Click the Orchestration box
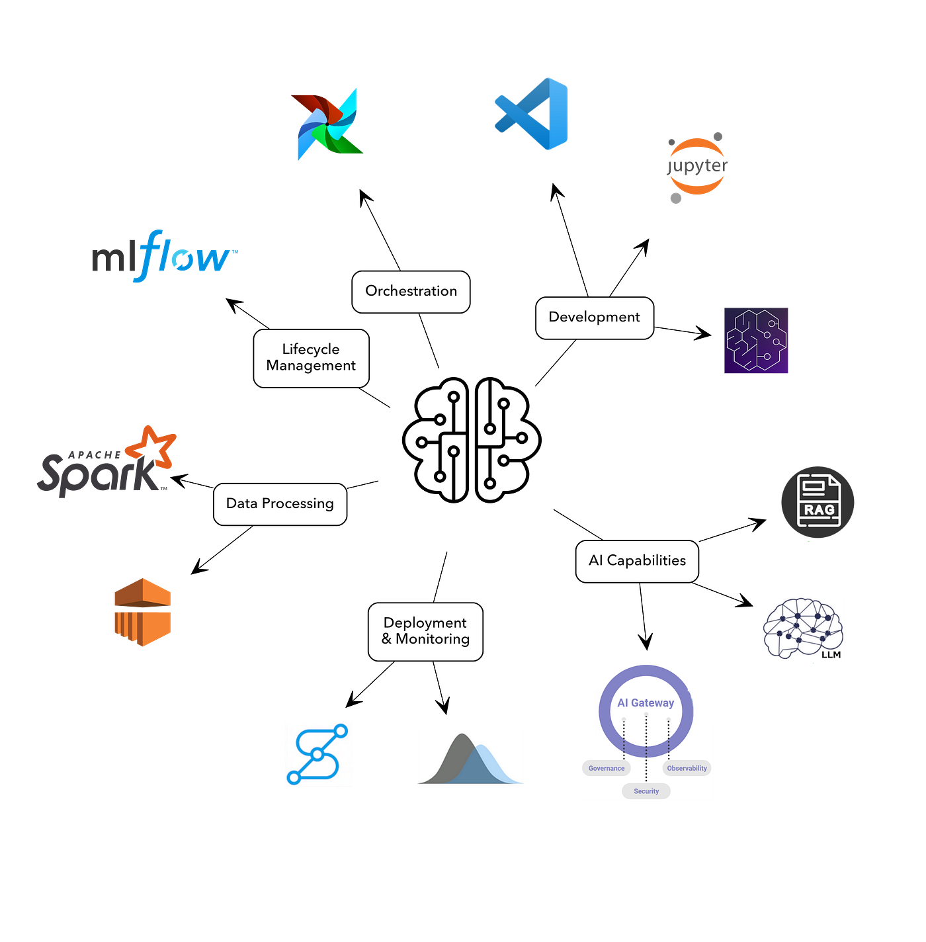[411, 292]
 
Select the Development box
[595, 318]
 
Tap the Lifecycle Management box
[311, 359]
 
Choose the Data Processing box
[280, 504]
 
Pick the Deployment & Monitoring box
[425, 632]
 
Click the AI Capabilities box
[637, 561]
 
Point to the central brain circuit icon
[472, 439]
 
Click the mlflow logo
[165, 255]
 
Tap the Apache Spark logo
[106, 462]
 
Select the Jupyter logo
[696, 167]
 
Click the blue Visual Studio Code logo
[531, 114]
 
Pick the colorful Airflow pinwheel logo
[327, 124]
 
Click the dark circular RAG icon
[818, 502]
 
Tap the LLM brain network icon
[803, 628]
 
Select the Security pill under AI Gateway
[646, 791]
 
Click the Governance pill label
[607, 768]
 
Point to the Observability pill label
[687, 768]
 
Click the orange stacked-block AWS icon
[143, 612]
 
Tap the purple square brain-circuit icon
[756, 340]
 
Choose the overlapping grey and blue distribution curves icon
[470, 758]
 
